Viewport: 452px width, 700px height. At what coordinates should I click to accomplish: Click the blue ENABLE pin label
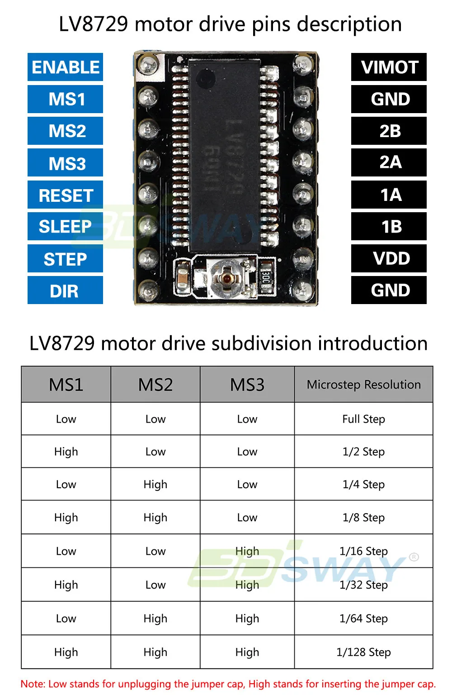pyautogui.click(x=65, y=67)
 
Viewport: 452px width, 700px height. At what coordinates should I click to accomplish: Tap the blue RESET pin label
pyautogui.click(x=65, y=195)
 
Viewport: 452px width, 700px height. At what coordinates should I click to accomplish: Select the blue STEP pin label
pyautogui.click(x=65, y=258)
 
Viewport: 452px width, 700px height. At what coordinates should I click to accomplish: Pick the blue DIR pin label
pyautogui.click(x=65, y=290)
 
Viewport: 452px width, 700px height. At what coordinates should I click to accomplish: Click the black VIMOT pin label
pyautogui.click(x=389, y=67)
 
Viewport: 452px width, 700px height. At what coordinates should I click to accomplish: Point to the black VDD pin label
pyautogui.click(x=389, y=258)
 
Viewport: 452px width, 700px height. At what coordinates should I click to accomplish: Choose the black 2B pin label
pyautogui.click(x=389, y=131)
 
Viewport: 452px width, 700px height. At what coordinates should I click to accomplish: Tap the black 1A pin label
pyautogui.click(x=389, y=195)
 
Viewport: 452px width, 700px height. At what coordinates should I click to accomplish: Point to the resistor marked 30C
pyautogui.click(x=266, y=276)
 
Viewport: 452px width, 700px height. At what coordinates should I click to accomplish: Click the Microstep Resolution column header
pyautogui.click(x=364, y=384)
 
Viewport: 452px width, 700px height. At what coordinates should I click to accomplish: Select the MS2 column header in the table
pyautogui.click(x=155, y=385)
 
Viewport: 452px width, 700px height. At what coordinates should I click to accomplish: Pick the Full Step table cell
pyautogui.click(x=364, y=419)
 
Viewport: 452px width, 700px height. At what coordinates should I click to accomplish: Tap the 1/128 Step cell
pyautogui.click(x=364, y=652)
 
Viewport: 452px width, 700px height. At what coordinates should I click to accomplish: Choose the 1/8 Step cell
pyautogui.click(x=364, y=518)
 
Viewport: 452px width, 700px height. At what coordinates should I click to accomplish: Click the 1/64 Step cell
pyautogui.click(x=364, y=619)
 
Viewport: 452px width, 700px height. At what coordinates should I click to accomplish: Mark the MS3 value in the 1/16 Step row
pyautogui.click(x=247, y=552)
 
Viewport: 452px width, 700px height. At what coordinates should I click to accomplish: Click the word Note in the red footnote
pyautogui.click(x=32, y=684)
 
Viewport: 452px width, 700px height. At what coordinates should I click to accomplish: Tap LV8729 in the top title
pyautogui.click(x=94, y=24)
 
